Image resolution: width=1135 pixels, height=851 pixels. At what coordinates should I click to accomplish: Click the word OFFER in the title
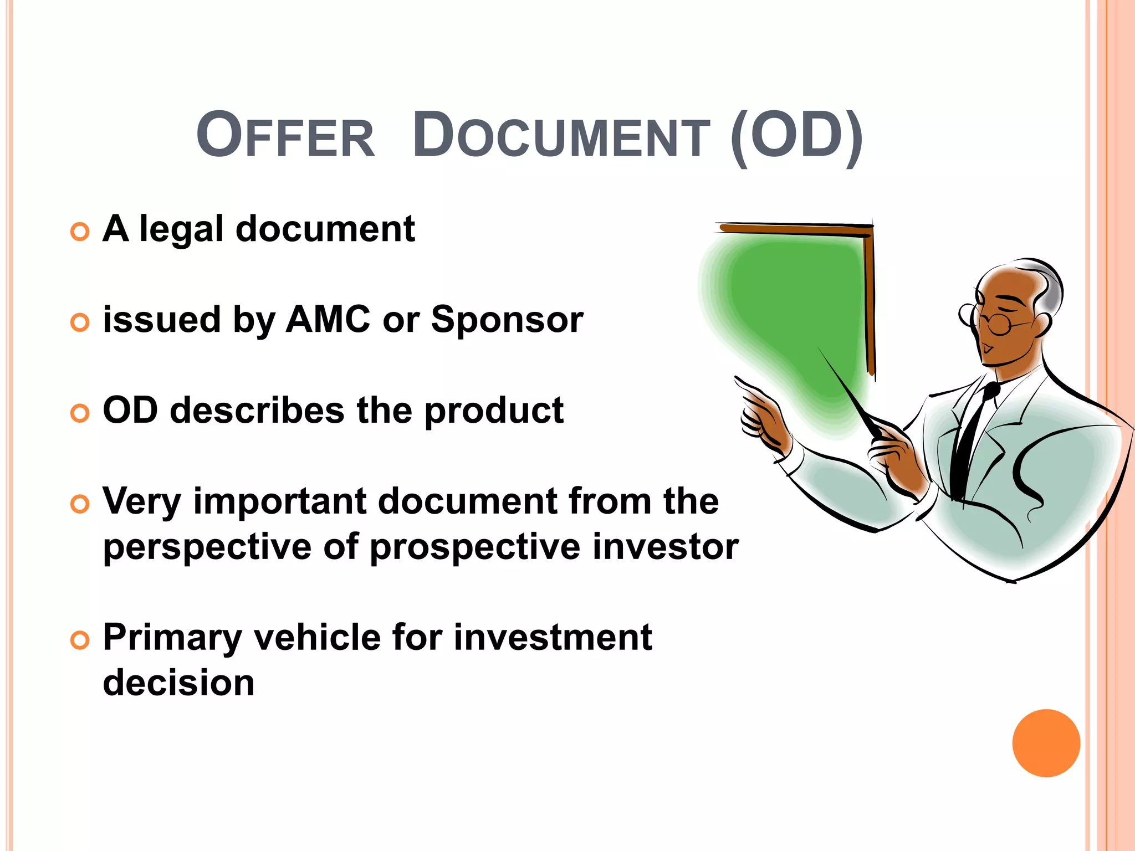285,136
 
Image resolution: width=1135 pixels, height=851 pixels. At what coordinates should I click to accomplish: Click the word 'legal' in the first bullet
181,229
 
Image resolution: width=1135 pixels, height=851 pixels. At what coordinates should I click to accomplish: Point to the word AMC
328,320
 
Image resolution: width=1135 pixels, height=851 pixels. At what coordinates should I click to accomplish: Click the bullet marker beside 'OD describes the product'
80,413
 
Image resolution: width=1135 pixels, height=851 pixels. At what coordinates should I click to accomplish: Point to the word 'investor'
665,547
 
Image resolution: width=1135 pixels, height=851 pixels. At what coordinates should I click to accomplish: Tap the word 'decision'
178,683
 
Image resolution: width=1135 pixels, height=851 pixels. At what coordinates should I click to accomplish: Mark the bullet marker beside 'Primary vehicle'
80,640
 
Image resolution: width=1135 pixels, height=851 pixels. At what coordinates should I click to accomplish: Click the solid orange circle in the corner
1046,743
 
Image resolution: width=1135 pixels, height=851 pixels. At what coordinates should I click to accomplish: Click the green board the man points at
793,310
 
